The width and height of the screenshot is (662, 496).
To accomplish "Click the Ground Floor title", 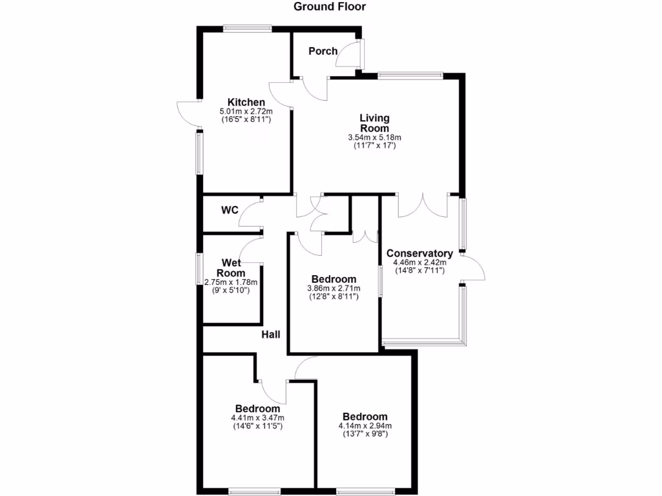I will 330,7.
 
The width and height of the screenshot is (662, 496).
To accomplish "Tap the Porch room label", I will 323,51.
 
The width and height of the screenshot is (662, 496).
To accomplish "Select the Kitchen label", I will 246,102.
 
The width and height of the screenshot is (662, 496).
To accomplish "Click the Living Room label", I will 375,123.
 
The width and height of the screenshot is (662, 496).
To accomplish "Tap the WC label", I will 230,211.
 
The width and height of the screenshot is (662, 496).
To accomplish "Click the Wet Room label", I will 231,267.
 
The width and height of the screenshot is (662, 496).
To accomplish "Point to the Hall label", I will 271,335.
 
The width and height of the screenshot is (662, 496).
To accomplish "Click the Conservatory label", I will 419,253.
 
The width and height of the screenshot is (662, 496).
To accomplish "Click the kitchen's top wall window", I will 248,28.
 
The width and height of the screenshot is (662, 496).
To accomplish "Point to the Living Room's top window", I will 411,76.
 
